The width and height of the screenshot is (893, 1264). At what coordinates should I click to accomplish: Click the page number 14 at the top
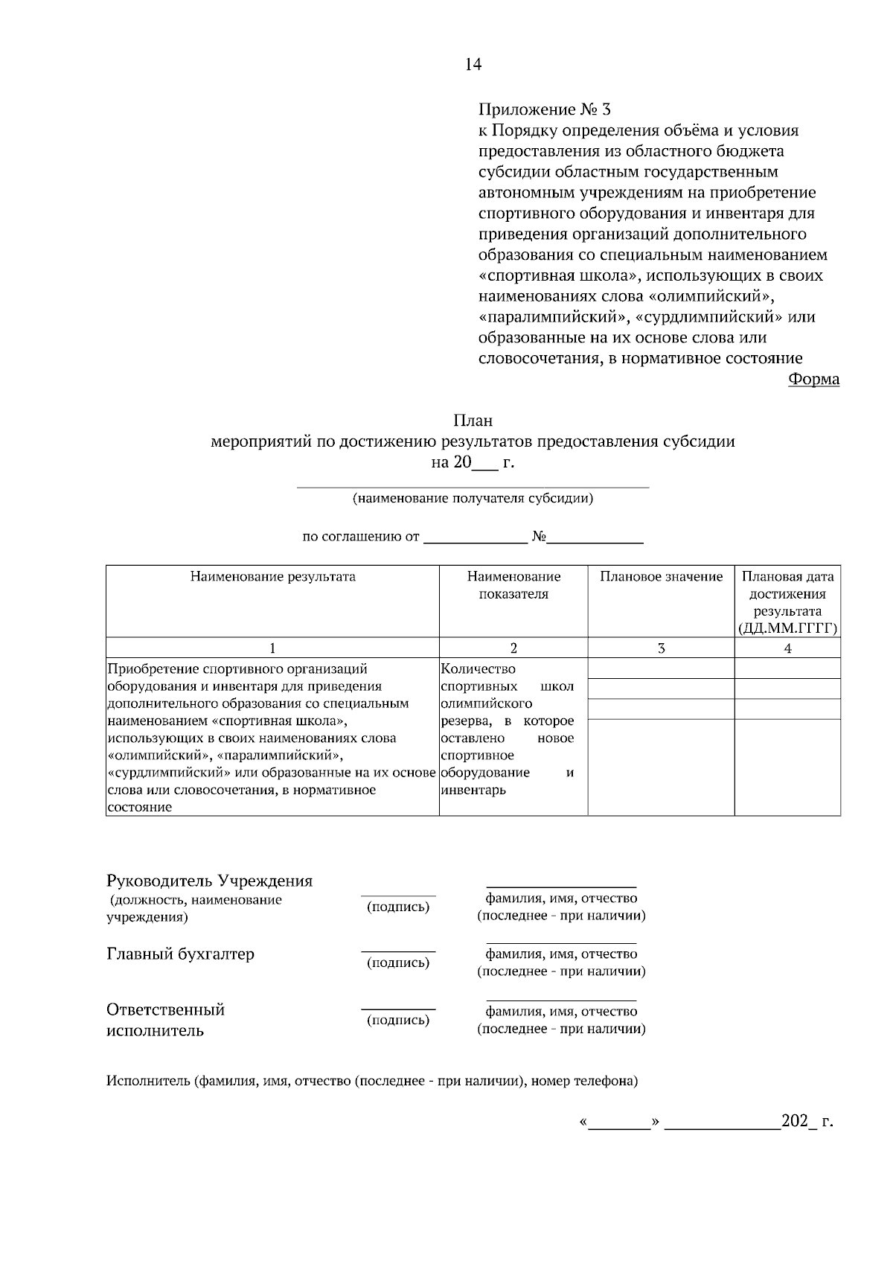473,65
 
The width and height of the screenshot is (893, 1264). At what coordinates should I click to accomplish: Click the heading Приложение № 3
543,110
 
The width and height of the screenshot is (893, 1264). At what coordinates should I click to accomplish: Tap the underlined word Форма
813,380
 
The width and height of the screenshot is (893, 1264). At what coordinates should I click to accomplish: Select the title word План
473,421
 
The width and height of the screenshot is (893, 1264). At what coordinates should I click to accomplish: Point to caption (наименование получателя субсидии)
473,499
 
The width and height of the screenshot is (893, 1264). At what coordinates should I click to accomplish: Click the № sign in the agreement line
540,537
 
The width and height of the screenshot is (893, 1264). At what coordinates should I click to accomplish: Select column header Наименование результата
272,577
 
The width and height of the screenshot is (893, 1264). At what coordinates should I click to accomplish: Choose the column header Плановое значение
661,577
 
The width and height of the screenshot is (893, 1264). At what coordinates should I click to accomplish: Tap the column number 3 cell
661,648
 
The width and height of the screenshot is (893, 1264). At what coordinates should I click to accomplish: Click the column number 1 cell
272,648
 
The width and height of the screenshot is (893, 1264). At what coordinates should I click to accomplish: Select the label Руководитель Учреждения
210,881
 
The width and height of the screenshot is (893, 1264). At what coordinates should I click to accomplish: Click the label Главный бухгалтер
181,954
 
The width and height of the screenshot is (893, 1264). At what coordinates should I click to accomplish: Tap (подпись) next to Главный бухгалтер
398,963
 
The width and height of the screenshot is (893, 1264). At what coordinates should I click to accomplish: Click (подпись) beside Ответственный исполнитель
398,1021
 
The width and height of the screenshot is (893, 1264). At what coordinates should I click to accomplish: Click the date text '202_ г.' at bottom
807,1122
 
